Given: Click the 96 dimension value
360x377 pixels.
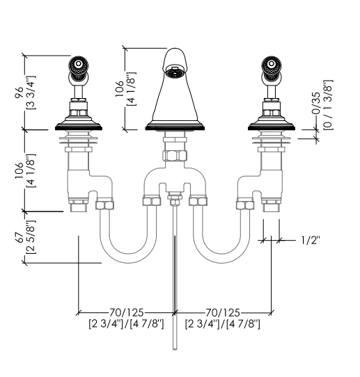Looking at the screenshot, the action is point(19,93).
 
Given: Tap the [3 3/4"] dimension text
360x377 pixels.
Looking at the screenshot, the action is point(31,93).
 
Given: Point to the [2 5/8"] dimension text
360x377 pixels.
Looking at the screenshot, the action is point(31,237).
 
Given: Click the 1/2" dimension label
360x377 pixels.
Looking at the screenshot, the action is point(311,240).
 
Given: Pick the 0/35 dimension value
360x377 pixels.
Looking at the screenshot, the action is point(317,103).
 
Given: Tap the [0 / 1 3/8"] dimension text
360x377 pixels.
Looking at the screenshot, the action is point(328,105).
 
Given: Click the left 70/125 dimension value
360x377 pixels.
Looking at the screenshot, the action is point(127,312).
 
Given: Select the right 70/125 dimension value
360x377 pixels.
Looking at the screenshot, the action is point(223,312).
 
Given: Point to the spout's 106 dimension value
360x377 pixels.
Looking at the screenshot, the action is point(119,89).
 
